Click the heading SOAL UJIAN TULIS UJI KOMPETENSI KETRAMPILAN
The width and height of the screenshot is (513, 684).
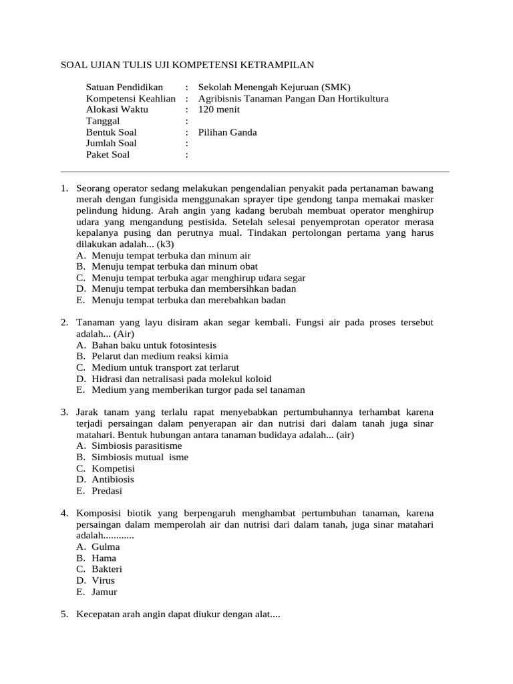coord(187,65)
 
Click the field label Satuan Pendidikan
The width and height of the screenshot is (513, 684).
coord(124,88)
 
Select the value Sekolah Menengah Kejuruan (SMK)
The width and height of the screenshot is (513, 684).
coord(274,88)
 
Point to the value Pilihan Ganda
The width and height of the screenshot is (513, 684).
coord(228,132)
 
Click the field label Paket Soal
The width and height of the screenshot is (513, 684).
coord(108,154)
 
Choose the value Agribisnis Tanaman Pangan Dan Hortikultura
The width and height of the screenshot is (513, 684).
coord(293,99)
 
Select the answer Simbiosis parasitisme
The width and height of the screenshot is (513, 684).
coord(137,446)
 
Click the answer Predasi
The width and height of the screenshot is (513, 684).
coord(108,490)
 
